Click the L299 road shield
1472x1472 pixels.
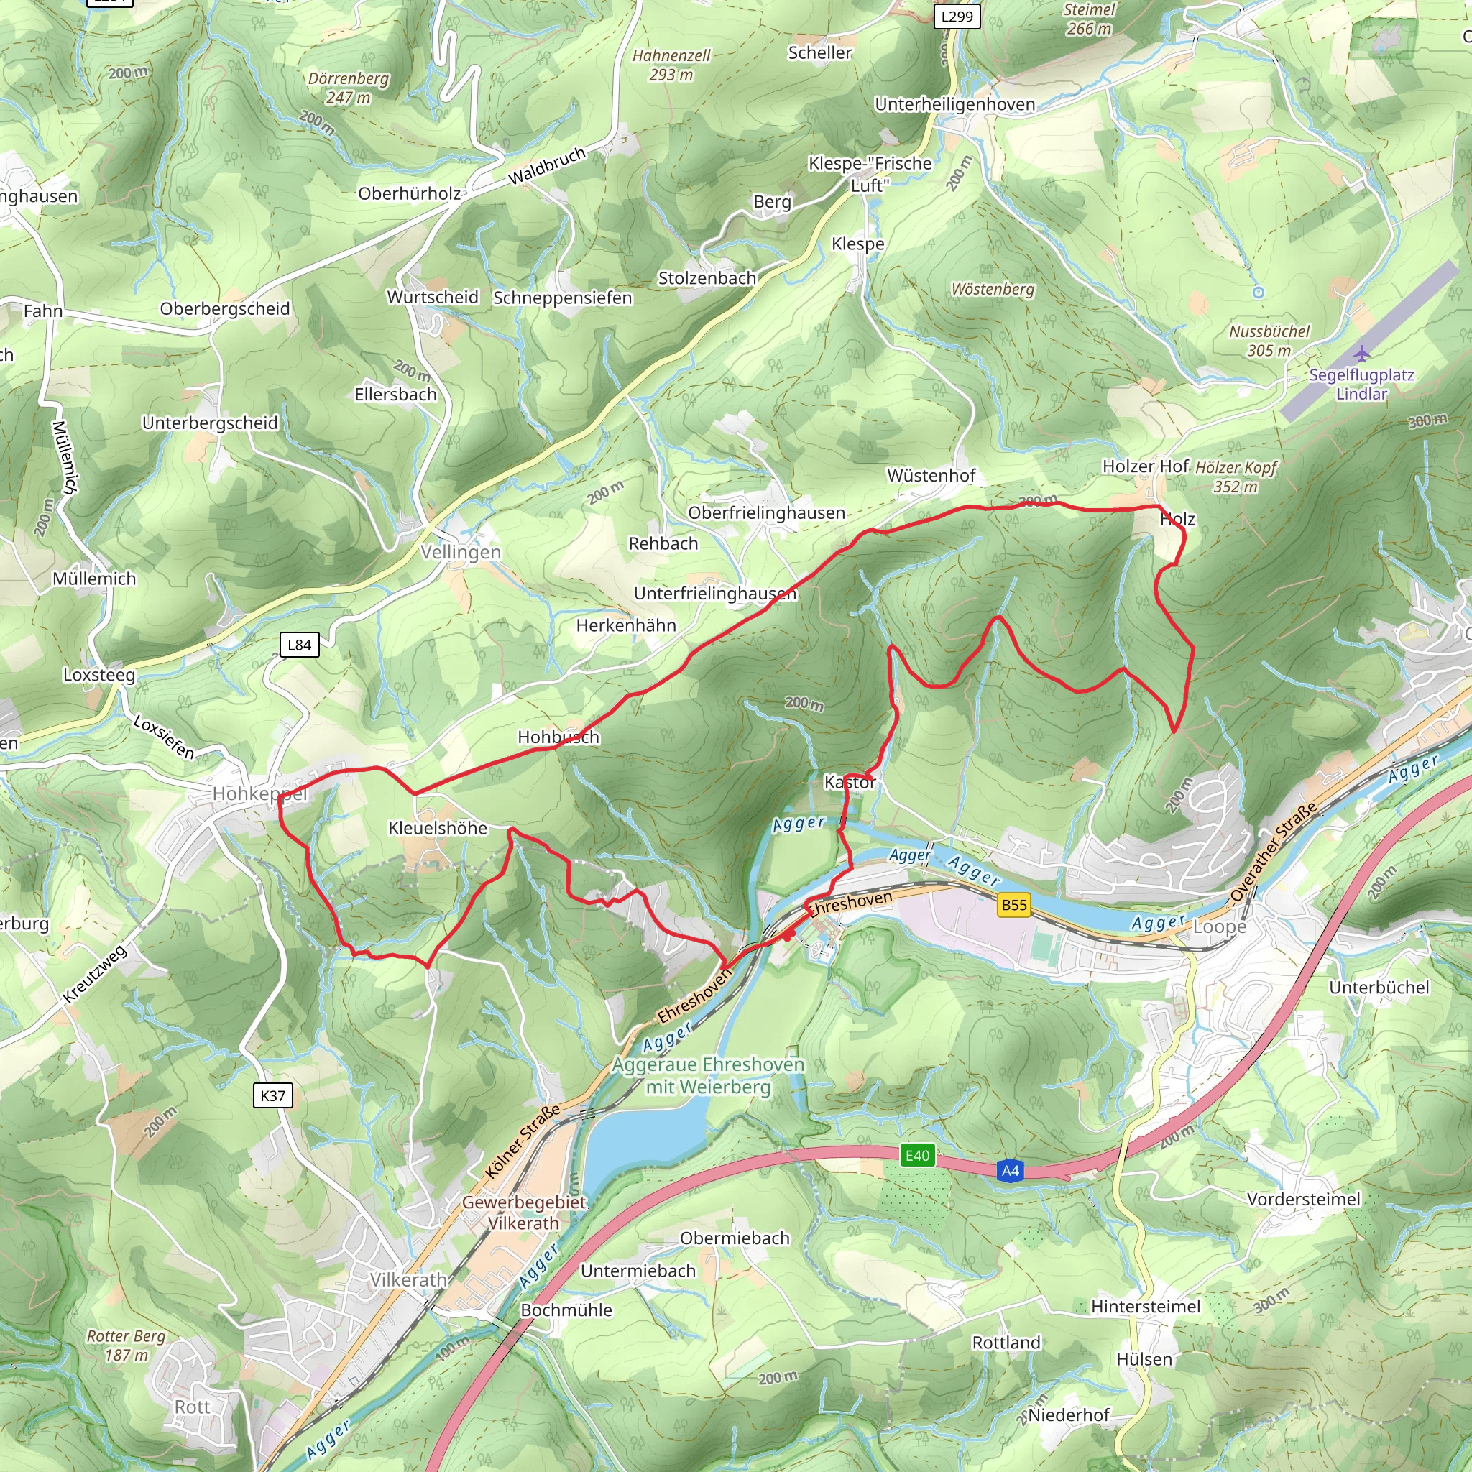957,16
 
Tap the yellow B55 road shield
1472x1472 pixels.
1014,905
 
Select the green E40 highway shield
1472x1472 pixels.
917,1156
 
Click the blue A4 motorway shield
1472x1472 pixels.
1011,1171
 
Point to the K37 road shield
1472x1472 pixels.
272,1096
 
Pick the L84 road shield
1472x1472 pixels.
299,645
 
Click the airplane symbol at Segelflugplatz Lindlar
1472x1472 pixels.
1361,354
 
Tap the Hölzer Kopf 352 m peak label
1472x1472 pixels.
1235,477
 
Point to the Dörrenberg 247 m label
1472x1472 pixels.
348,88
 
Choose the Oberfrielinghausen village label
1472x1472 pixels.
766,512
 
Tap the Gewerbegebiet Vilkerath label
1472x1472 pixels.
524,1213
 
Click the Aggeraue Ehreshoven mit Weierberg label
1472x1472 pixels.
709,1075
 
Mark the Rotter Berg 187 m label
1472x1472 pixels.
126,1345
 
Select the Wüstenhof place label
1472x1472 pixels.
931,475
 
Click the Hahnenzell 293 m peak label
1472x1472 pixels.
671,65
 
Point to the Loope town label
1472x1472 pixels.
1219,926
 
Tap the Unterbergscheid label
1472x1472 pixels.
211,423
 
